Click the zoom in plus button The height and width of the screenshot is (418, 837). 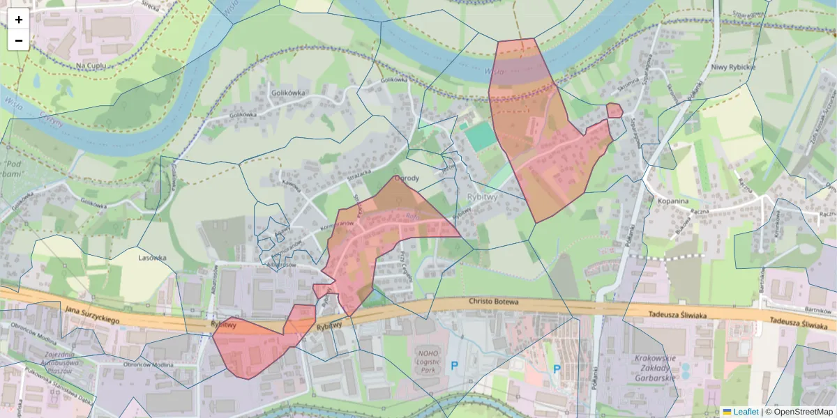(19, 20)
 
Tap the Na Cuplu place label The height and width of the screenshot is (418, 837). (90, 65)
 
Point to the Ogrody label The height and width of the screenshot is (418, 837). (406, 178)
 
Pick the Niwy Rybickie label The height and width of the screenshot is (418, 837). (734, 67)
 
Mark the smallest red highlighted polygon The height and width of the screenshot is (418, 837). (614, 110)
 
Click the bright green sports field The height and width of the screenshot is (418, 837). (480, 136)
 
